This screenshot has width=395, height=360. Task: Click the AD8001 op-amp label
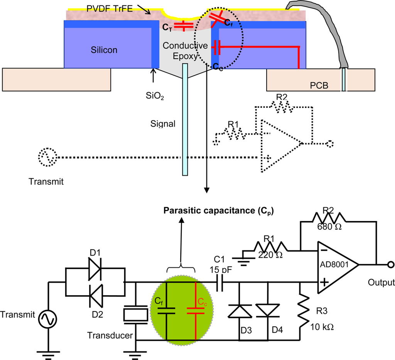[x=334, y=264]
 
